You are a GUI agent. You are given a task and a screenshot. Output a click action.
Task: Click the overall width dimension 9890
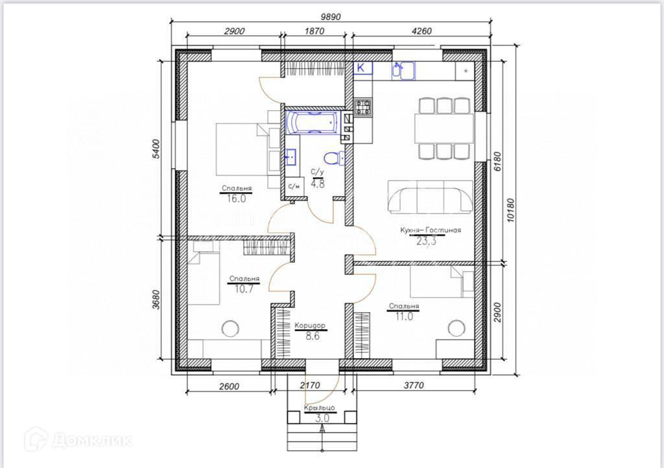tap(331, 16)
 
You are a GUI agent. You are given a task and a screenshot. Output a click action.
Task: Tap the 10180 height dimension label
tap(510, 210)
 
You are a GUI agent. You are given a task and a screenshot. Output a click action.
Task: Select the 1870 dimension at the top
tap(314, 31)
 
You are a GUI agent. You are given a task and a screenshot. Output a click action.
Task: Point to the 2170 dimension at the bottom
tap(309, 386)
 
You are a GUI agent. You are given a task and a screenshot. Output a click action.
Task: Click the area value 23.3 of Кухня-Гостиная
tap(427, 241)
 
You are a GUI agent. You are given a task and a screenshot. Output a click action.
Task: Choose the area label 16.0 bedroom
tap(236, 199)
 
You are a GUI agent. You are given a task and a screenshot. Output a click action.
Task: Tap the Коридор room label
tap(310, 326)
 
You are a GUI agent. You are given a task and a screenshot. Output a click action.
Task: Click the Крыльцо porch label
tap(319, 408)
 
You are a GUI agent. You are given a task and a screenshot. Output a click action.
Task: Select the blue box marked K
tap(363, 68)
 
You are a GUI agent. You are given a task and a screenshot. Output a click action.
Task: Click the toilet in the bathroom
tap(334, 158)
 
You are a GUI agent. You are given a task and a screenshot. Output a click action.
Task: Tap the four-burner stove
tap(363, 107)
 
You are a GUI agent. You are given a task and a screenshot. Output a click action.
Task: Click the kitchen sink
tap(403, 70)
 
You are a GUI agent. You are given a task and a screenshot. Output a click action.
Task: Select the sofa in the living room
tap(430, 197)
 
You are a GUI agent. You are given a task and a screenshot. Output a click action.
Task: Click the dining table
tap(444, 128)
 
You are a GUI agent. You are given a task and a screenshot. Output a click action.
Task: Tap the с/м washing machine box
tap(294, 186)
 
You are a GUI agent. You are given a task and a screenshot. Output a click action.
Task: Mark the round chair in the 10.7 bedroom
tap(230, 328)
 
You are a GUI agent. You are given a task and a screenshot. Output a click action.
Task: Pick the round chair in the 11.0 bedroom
tap(456, 328)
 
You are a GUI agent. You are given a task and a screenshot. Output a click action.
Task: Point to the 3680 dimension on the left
tap(156, 299)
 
